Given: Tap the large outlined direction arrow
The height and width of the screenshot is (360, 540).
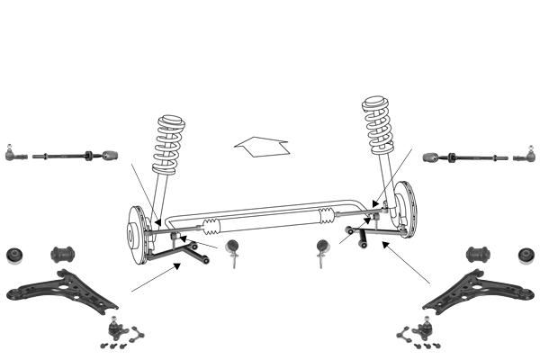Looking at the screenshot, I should tap(260, 145).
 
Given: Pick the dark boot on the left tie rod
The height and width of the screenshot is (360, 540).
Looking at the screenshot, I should tap(108, 156).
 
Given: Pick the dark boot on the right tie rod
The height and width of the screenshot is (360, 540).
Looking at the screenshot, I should tap(432, 158).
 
